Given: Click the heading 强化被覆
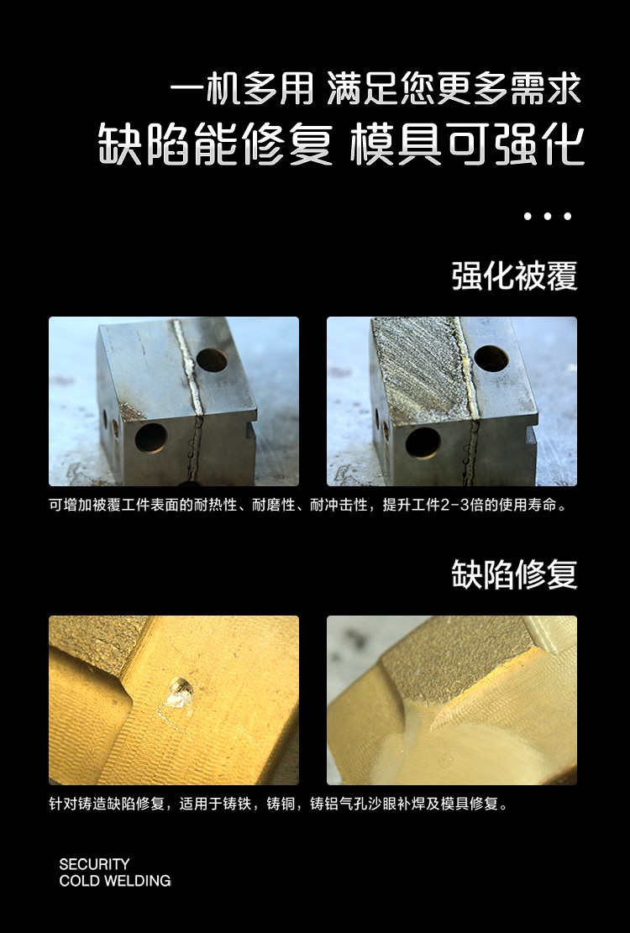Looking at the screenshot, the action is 515,276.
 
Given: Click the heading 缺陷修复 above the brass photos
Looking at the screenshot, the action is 515,574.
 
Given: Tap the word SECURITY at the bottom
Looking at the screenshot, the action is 94,864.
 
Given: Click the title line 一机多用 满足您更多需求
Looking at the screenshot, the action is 375,89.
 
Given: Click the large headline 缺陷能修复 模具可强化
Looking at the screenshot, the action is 342,144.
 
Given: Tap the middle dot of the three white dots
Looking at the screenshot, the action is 548,216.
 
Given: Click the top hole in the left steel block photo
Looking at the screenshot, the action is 212,360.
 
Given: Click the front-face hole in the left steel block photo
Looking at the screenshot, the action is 150,438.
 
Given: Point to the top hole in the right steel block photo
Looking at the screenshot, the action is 491,359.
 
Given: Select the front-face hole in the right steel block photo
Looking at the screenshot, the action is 423,443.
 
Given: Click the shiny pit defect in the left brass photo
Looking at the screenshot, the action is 179,694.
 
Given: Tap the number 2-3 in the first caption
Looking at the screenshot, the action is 455,506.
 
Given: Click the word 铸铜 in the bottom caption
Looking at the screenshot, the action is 281,804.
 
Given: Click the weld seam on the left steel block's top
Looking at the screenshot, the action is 189,367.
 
